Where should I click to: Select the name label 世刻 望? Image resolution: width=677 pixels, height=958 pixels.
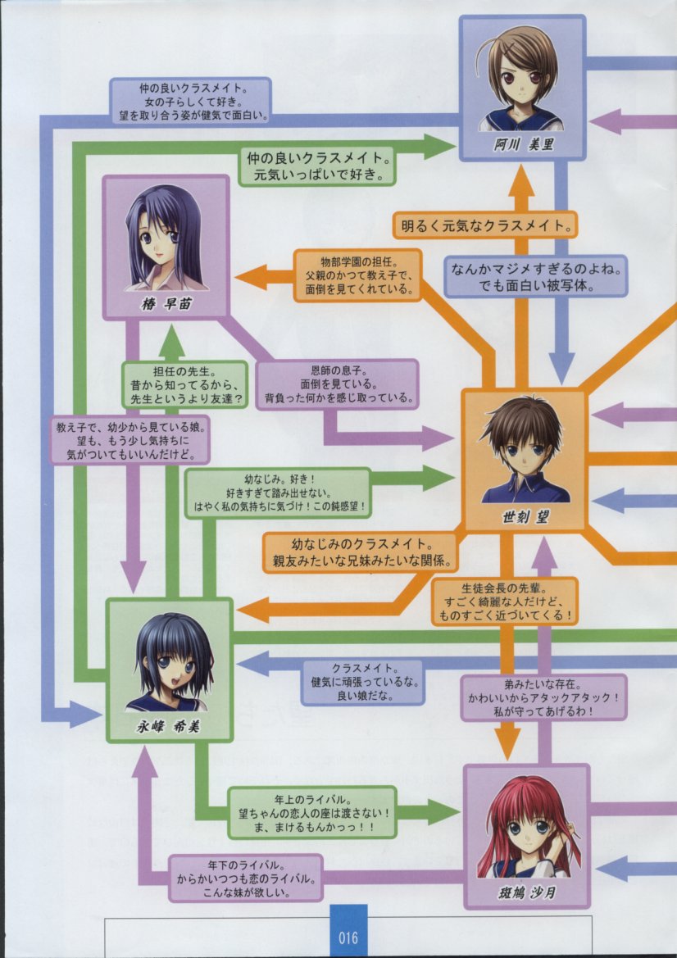[x=525, y=518]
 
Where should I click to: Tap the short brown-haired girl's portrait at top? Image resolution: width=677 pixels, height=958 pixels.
[x=521, y=79]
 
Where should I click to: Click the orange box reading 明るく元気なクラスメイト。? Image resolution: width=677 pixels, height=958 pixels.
[x=485, y=224]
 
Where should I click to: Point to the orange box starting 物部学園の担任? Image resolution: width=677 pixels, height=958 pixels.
[x=357, y=275]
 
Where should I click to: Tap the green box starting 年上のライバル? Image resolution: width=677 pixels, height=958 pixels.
[x=311, y=811]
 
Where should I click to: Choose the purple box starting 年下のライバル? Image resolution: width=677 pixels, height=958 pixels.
[x=245, y=877]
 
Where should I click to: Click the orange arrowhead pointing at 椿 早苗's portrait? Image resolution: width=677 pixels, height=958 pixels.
[x=247, y=277]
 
